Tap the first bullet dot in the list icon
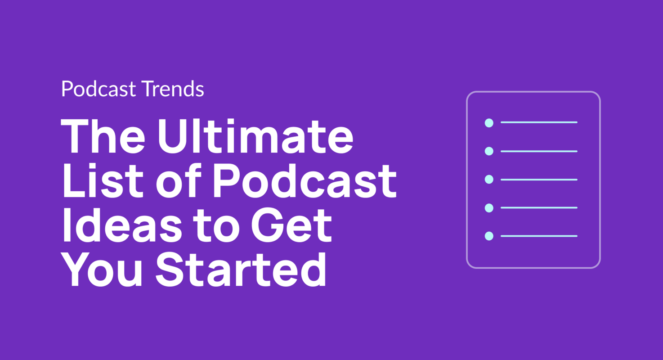[x=489, y=122]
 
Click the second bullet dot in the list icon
[x=489, y=151]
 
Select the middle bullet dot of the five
[x=489, y=180]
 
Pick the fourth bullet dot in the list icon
[x=489, y=207]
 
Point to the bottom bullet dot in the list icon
[x=489, y=236]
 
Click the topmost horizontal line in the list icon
[x=539, y=122]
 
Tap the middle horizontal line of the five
[x=539, y=180]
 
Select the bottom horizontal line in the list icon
[x=539, y=236]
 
